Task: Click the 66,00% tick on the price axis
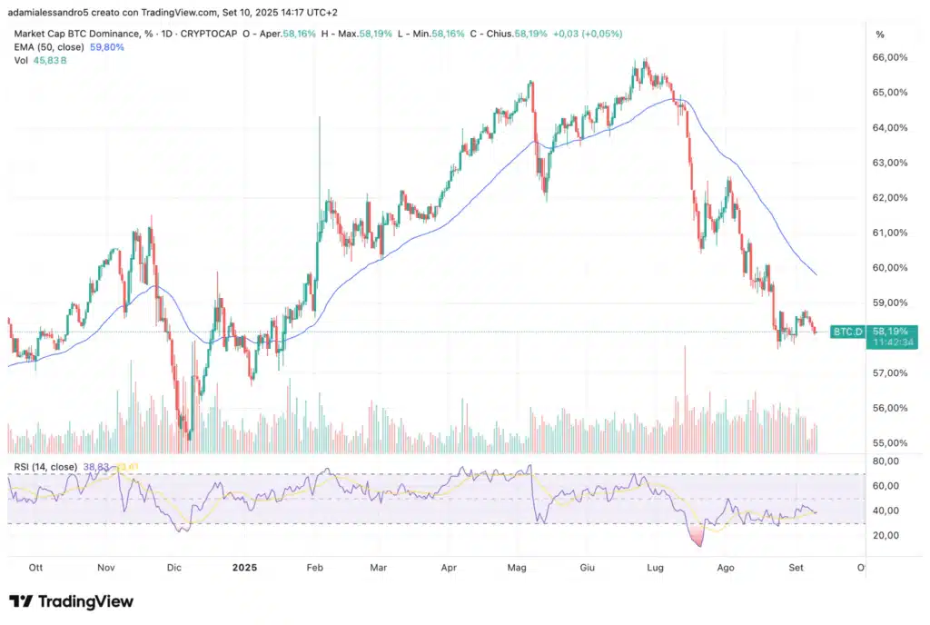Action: click(890, 57)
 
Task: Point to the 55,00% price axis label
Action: click(890, 442)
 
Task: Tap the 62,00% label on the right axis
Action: click(890, 197)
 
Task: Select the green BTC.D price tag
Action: click(846, 332)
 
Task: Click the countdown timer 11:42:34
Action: click(886, 343)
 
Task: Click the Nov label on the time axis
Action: click(106, 568)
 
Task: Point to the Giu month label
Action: click(587, 568)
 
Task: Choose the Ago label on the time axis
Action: click(726, 568)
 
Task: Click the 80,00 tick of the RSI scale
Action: click(885, 461)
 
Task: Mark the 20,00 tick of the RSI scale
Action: click(885, 535)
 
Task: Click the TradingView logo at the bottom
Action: click(71, 601)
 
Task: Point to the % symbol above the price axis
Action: click(879, 35)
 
